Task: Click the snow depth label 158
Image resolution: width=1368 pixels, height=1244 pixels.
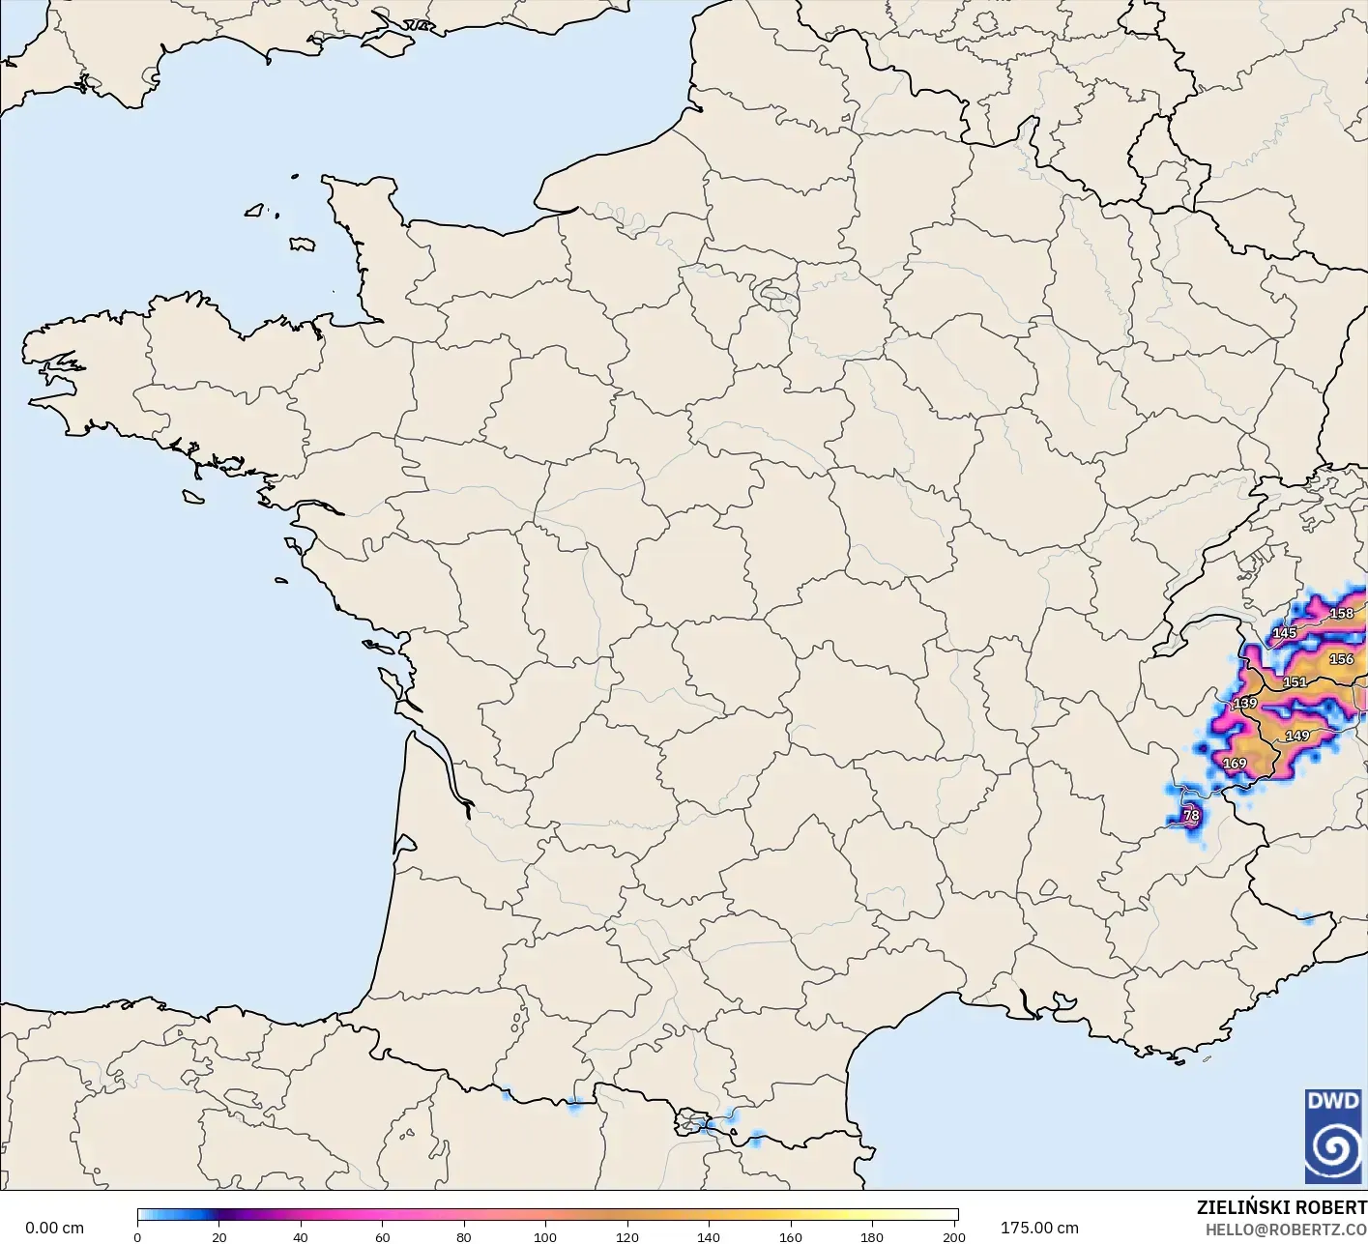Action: click(x=1342, y=613)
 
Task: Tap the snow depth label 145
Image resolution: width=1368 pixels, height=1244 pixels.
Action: click(x=1284, y=633)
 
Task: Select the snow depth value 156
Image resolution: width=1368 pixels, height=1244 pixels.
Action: click(x=1342, y=659)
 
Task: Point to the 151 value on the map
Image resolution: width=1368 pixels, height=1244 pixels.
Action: click(x=1295, y=682)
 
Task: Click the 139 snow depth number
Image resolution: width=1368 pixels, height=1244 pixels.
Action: click(x=1245, y=703)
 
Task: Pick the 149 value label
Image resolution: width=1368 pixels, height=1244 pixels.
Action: click(x=1297, y=736)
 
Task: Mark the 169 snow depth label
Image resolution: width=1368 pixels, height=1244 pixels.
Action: click(x=1235, y=764)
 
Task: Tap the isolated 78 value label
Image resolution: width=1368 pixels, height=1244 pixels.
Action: click(x=1192, y=816)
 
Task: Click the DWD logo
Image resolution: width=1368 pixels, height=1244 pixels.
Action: click(x=1332, y=1136)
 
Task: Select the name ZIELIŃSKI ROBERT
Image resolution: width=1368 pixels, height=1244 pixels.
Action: click(x=1281, y=1207)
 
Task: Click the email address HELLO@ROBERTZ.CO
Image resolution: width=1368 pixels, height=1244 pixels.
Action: click(x=1286, y=1229)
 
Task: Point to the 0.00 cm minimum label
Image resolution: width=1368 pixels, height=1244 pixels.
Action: click(x=55, y=1228)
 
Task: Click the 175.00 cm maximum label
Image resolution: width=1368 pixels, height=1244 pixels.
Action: click(x=1039, y=1228)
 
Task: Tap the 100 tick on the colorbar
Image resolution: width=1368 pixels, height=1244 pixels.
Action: click(x=545, y=1237)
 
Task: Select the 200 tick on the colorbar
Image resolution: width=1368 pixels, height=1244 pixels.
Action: click(x=954, y=1237)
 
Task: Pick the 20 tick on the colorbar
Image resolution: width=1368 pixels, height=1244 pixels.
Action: click(x=219, y=1237)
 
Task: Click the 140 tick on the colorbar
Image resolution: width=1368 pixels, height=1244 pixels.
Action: click(x=709, y=1237)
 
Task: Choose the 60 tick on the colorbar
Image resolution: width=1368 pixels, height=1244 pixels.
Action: click(x=383, y=1237)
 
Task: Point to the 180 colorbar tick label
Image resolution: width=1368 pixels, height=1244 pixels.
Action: click(x=872, y=1237)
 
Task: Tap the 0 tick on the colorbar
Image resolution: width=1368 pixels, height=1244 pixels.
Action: click(x=137, y=1237)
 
